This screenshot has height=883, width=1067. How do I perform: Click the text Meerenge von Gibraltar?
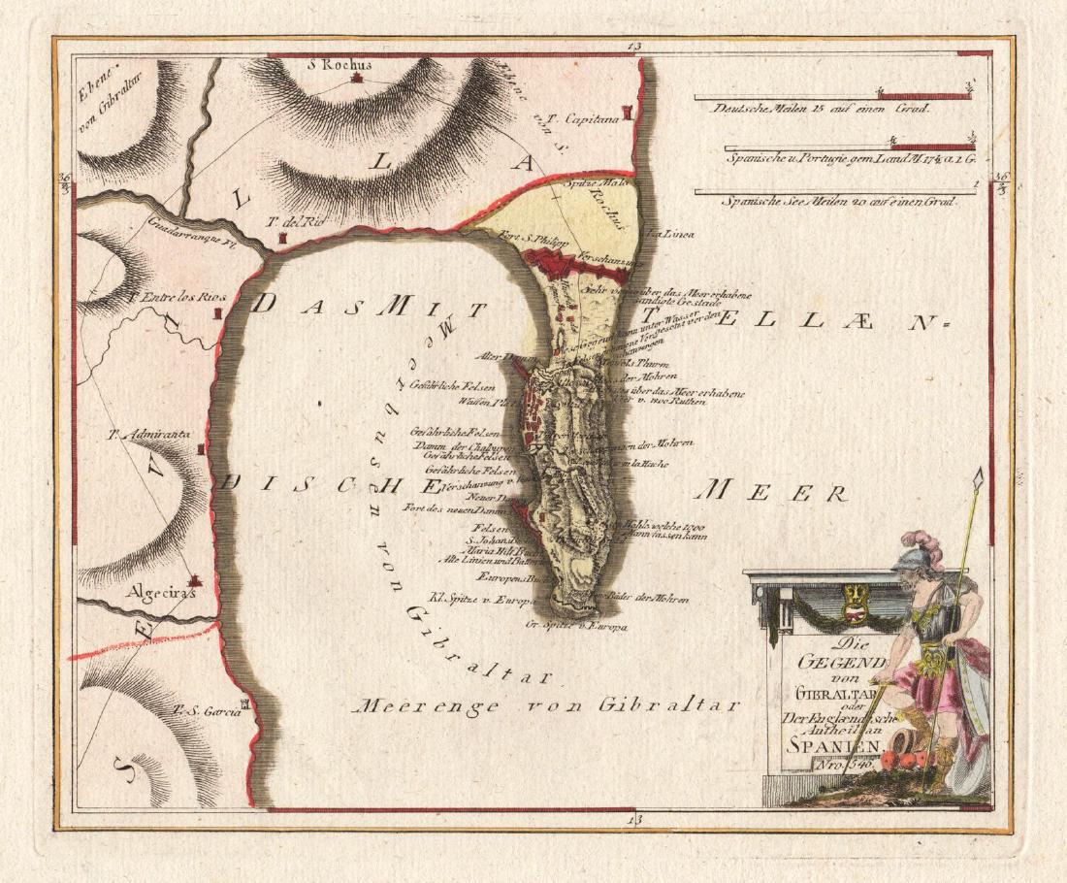(x=547, y=704)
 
